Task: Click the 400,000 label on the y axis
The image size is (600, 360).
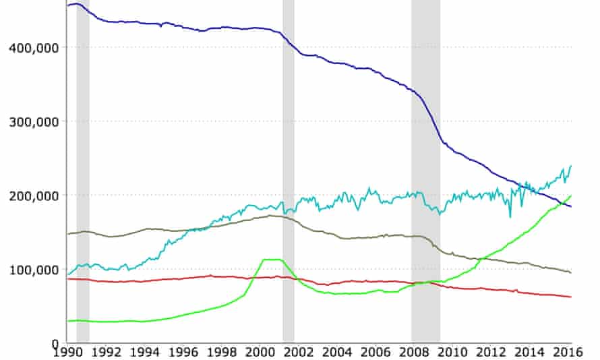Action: tap(32, 47)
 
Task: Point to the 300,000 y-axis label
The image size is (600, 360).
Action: tap(32, 121)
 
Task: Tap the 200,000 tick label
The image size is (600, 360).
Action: tap(32, 196)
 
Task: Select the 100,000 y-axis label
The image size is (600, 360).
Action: tap(32, 270)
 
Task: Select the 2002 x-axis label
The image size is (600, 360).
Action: tap(299, 352)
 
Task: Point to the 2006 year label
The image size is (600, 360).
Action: tap(376, 352)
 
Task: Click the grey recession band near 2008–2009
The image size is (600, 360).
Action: tap(425, 169)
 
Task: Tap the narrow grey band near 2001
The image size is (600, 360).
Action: tap(289, 169)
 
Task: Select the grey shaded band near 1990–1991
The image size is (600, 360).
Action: tap(83, 169)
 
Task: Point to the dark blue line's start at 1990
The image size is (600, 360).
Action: tap(68, 5)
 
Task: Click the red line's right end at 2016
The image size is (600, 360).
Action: tap(571, 297)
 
